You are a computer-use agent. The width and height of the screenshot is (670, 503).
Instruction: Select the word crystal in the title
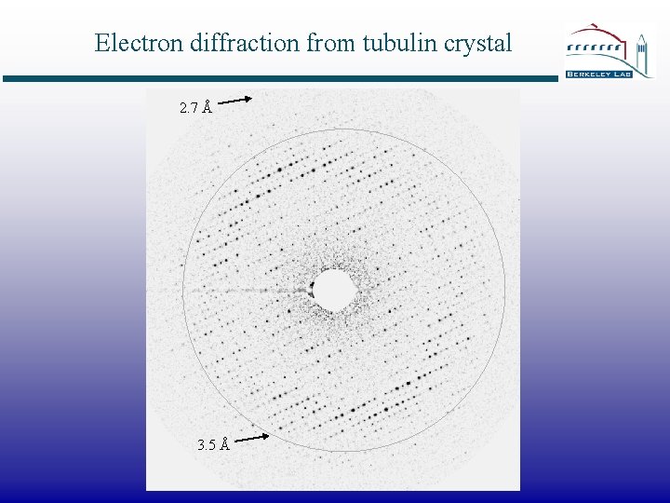[478, 43]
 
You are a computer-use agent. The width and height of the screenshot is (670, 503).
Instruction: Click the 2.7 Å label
[194, 108]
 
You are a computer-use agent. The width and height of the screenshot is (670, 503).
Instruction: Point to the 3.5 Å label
[213, 445]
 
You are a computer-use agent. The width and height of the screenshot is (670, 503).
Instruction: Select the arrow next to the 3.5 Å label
[251, 436]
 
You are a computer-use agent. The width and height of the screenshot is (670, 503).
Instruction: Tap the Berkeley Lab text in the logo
[598, 73]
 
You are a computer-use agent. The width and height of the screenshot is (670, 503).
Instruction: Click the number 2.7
[188, 108]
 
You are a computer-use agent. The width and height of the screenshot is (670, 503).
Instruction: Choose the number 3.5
[207, 445]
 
